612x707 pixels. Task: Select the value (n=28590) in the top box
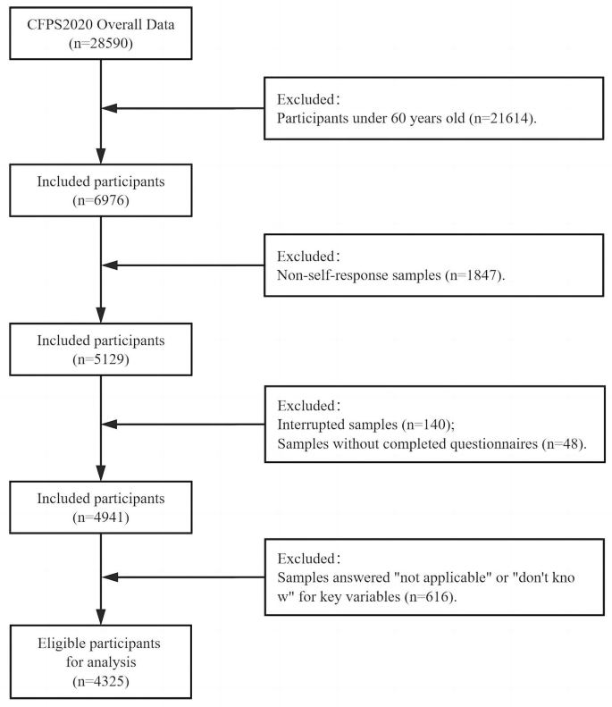[101, 42]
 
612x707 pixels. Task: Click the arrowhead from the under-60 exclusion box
[111, 109]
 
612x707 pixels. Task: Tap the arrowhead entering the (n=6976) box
[100, 157]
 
